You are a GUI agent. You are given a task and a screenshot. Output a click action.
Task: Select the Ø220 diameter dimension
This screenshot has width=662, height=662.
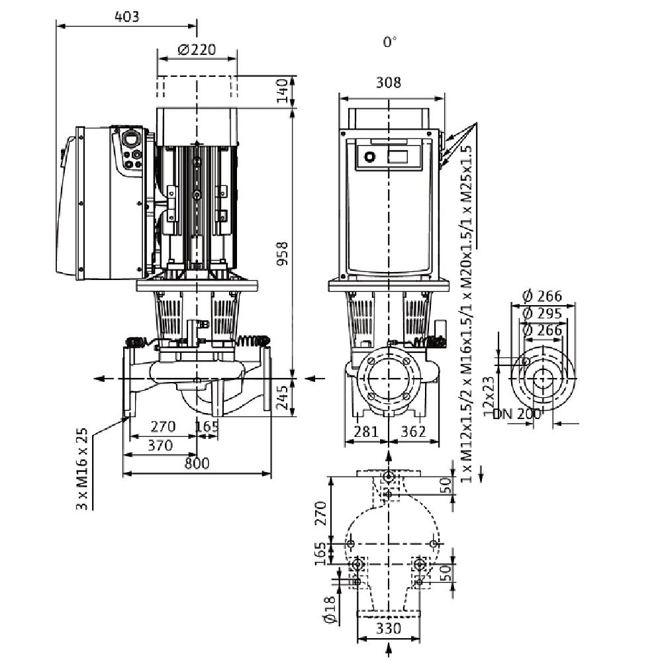tap(197, 50)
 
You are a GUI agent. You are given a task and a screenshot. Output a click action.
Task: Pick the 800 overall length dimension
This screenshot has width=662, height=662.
tap(197, 463)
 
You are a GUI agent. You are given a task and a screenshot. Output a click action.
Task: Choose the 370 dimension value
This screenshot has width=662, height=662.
tap(160, 445)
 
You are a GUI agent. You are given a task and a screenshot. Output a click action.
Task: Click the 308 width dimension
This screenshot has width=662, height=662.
tap(389, 82)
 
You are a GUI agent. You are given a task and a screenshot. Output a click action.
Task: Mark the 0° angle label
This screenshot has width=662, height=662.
tap(390, 42)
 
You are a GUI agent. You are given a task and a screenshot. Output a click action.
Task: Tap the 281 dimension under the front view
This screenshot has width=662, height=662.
tap(365, 431)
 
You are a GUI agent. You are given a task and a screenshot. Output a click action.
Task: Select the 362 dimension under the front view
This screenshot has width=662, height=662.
tap(413, 431)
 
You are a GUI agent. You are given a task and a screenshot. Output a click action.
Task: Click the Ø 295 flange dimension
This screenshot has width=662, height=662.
tap(542, 313)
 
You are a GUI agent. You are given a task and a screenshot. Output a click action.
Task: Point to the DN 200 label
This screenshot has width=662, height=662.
tap(517, 414)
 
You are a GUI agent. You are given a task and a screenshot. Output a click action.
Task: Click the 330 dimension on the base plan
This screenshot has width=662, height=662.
tap(389, 629)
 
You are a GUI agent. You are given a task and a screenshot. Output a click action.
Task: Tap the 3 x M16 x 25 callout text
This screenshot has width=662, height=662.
tap(82, 469)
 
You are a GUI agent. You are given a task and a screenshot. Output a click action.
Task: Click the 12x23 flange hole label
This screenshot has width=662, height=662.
tap(488, 397)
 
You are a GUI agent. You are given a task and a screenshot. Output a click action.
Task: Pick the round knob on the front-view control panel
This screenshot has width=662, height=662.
tap(369, 157)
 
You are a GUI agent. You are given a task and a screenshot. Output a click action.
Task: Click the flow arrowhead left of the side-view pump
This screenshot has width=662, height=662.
tap(99, 378)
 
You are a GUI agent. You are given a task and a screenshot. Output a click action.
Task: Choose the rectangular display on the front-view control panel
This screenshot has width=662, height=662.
tap(398, 157)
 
